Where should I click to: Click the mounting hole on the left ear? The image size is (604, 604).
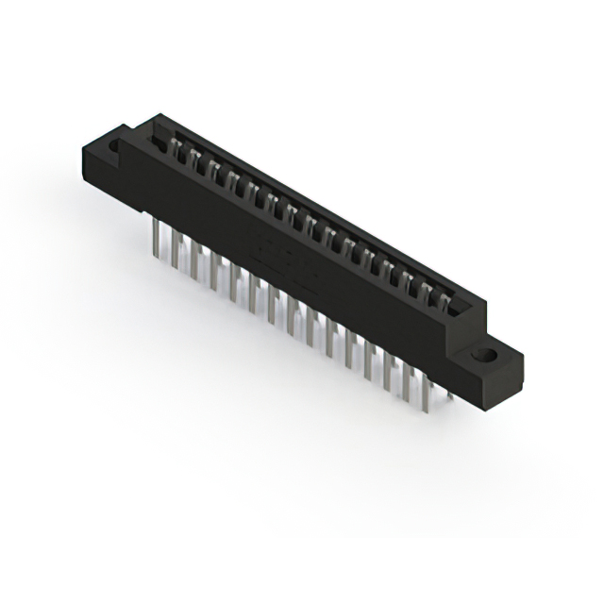[115, 147]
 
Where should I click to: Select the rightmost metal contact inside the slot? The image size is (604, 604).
[445, 300]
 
